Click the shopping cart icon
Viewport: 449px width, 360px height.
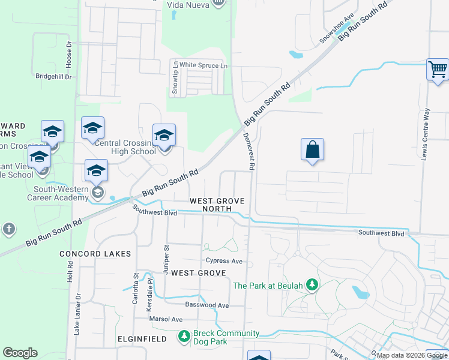click(x=438, y=69)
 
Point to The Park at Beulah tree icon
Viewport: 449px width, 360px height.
click(x=312, y=285)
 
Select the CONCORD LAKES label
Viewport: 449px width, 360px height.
click(x=95, y=254)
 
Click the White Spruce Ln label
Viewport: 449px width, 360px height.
click(x=204, y=65)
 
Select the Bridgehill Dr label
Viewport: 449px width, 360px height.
click(x=53, y=77)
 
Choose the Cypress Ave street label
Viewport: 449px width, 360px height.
click(x=224, y=261)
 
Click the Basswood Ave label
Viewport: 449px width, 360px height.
click(x=207, y=305)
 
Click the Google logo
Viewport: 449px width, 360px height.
click(x=20, y=353)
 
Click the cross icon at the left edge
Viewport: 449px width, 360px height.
click(x=8, y=229)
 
